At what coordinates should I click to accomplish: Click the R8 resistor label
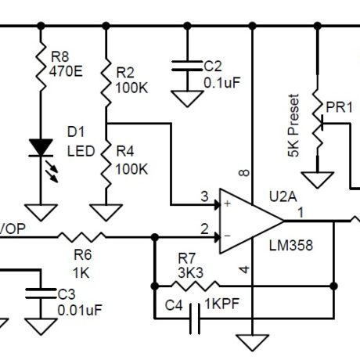(x=60, y=56)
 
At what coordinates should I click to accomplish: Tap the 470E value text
(x=66, y=71)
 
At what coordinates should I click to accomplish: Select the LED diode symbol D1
(x=41, y=160)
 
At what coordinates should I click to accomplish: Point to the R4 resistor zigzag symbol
(x=106, y=165)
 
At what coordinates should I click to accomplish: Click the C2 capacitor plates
(x=187, y=66)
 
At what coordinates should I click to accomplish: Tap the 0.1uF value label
(x=222, y=83)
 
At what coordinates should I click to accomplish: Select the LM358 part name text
(x=291, y=246)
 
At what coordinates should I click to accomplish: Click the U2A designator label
(x=283, y=196)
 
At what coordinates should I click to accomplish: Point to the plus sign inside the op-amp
(x=228, y=203)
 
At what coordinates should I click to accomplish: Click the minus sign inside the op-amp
(x=228, y=236)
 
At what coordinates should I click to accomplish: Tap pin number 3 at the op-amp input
(x=205, y=196)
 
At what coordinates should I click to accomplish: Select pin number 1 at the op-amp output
(x=301, y=212)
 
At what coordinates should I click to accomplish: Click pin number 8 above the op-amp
(x=244, y=173)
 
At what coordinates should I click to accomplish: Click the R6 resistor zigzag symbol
(x=81, y=237)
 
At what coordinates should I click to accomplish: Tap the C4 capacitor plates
(x=195, y=319)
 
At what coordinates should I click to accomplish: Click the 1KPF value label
(x=222, y=304)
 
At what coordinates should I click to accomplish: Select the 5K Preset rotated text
(x=293, y=125)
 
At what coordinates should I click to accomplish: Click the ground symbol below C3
(x=41, y=326)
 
